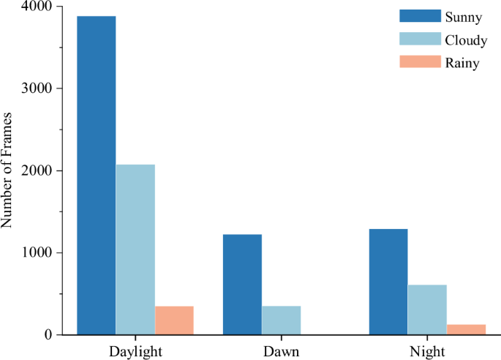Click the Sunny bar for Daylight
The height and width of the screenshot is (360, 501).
click(x=97, y=176)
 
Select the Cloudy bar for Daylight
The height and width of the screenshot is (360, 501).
click(x=135, y=250)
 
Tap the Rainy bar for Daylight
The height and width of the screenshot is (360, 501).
click(x=174, y=320)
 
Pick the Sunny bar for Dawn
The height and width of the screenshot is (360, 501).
click(x=242, y=285)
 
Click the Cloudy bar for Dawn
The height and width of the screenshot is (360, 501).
click(x=281, y=320)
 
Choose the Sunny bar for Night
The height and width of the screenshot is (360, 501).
click(x=388, y=282)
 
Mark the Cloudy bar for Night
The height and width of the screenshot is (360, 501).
click(x=427, y=310)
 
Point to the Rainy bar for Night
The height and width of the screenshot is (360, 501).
click(x=466, y=329)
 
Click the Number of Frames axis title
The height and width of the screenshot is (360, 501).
click(x=9, y=171)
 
